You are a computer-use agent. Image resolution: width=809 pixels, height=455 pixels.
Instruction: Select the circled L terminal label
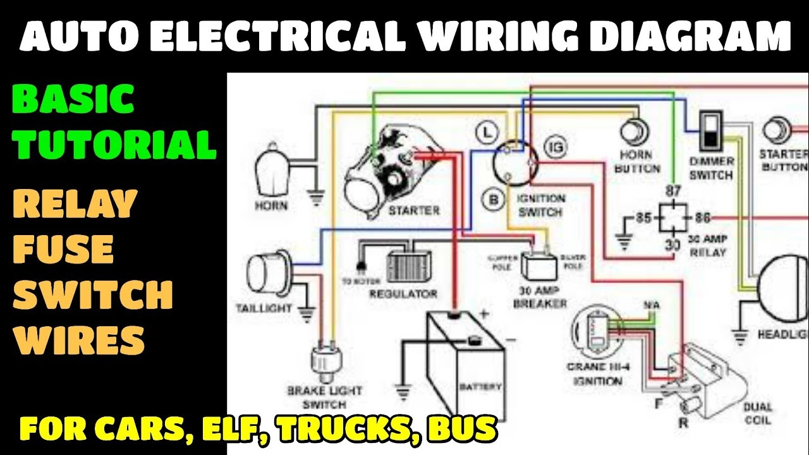485,132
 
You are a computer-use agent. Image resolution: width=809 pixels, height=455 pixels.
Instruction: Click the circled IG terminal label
556,147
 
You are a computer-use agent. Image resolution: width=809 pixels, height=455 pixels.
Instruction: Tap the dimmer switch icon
711,130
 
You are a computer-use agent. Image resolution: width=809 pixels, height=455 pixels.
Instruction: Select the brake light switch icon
325,360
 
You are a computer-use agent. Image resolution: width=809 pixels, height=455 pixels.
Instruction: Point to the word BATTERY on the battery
480,387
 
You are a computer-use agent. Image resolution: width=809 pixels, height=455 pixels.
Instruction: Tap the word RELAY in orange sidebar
75,203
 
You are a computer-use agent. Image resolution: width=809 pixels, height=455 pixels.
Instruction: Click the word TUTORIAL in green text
116,144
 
